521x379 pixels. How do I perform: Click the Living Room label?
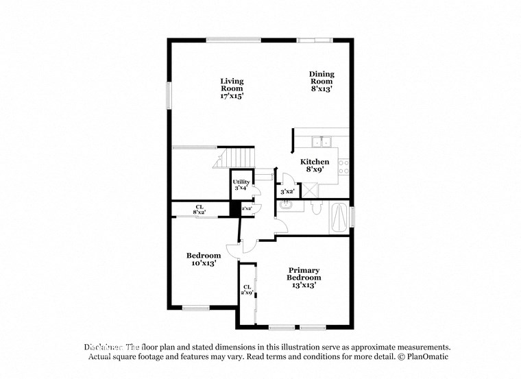tap(232, 88)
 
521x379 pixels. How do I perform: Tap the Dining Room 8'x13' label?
tap(322, 81)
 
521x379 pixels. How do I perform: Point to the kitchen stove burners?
tap(345, 166)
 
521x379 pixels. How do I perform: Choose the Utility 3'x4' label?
tap(241, 184)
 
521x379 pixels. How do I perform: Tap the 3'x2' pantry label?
tap(287, 193)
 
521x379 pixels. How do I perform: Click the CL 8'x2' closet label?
tap(199, 209)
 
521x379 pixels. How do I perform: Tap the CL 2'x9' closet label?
tap(247, 290)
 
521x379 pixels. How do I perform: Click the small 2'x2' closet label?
tap(246, 207)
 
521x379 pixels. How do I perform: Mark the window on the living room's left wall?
tap(169, 95)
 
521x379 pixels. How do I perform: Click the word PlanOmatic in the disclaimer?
tap(427, 357)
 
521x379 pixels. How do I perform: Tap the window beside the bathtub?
tap(352, 217)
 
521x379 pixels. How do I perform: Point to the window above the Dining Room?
tap(315, 40)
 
